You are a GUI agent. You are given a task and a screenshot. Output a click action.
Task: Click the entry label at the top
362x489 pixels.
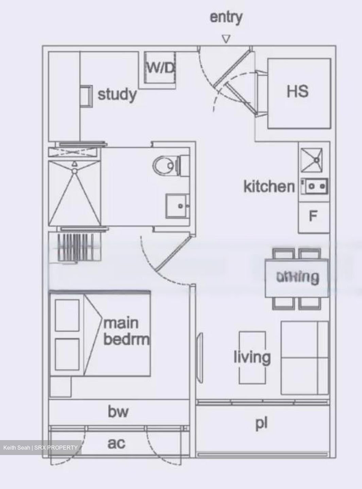226,17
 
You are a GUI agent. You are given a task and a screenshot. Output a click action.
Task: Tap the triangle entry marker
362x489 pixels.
226,39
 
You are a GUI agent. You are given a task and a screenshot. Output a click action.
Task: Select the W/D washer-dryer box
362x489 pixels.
160,68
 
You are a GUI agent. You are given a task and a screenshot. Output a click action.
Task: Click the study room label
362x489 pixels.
117,94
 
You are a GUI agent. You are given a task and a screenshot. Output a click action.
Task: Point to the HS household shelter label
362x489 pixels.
298,91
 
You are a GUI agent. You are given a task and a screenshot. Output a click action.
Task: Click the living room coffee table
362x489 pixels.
252,357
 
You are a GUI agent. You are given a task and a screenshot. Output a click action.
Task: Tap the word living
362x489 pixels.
252,357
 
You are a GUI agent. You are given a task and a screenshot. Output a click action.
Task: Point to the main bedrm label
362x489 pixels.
126,330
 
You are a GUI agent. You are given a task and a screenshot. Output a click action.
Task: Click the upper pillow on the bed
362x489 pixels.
67,315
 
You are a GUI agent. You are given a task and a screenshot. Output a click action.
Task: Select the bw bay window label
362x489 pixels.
118,412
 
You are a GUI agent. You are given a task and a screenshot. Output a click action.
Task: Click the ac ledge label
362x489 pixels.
116,443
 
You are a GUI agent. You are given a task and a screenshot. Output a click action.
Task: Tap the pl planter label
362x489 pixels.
261,423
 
